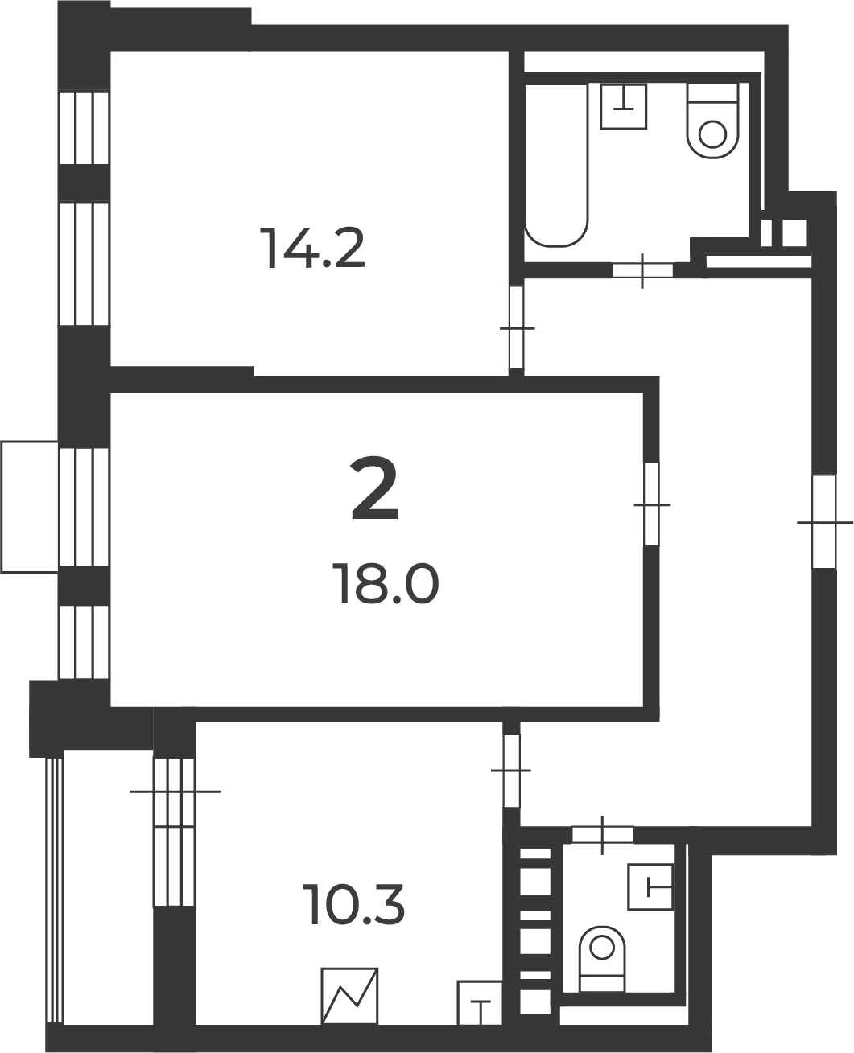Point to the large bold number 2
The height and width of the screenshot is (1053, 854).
[x=375, y=488]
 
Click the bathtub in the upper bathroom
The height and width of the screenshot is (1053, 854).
[x=556, y=165]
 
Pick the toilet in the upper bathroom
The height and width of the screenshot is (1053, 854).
[x=712, y=121]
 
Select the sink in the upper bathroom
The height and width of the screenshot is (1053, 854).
[x=624, y=106]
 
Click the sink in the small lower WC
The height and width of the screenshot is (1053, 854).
[x=650, y=887]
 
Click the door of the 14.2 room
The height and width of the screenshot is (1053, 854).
[x=517, y=327]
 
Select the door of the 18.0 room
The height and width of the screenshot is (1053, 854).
[x=652, y=504]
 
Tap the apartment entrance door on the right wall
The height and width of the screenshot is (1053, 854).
[x=824, y=522]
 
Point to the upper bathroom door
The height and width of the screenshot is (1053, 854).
[x=642, y=270]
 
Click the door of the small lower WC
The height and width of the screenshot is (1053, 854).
[x=602, y=835]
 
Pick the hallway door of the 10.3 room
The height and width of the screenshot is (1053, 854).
[x=511, y=770]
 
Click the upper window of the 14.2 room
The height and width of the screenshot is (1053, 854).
[x=84, y=127]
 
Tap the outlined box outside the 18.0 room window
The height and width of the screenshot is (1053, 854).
[x=30, y=507]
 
